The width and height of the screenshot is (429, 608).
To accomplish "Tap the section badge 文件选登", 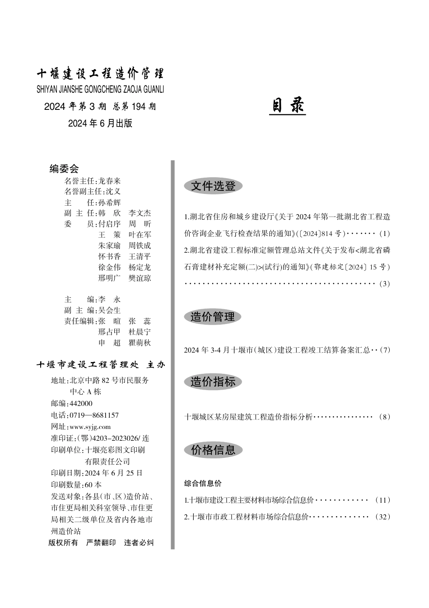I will [x=213, y=186].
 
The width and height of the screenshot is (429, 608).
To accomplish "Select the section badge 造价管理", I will [x=213, y=317].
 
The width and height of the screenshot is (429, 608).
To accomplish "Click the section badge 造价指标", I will [x=213, y=382].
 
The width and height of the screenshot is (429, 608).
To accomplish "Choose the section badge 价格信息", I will [x=213, y=450].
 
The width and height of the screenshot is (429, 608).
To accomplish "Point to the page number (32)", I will [x=382, y=517].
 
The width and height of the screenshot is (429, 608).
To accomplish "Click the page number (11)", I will [x=382, y=500].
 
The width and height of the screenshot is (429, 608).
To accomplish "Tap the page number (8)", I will [x=384, y=417].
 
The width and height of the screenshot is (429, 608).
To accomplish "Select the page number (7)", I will [x=385, y=350].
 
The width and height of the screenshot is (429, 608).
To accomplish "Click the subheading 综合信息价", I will [x=203, y=483].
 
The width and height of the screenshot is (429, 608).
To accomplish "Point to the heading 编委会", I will [x=64, y=169].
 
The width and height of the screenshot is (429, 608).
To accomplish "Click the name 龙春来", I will [x=110, y=181].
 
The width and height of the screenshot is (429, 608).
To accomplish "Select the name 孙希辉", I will [x=110, y=203].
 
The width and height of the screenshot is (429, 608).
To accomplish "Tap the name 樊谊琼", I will [x=140, y=278].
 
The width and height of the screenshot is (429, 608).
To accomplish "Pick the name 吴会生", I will [x=110, y=310].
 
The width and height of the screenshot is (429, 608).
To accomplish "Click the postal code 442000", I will [x=81, y=404].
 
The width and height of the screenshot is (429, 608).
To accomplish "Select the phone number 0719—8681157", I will [x=94, y=415].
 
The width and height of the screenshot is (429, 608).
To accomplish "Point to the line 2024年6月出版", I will [x=100, y=123].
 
